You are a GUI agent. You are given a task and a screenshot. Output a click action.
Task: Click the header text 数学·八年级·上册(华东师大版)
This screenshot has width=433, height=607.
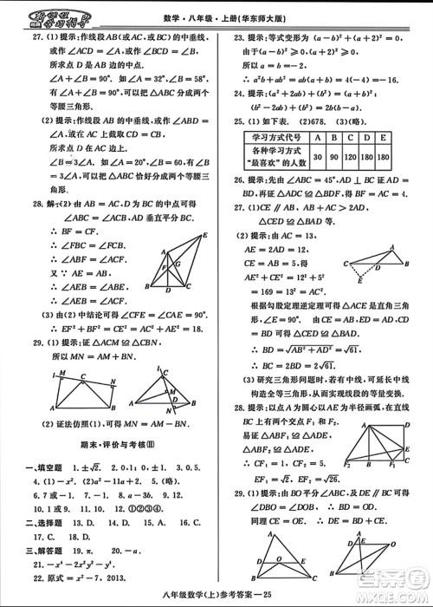click(216, 9)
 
